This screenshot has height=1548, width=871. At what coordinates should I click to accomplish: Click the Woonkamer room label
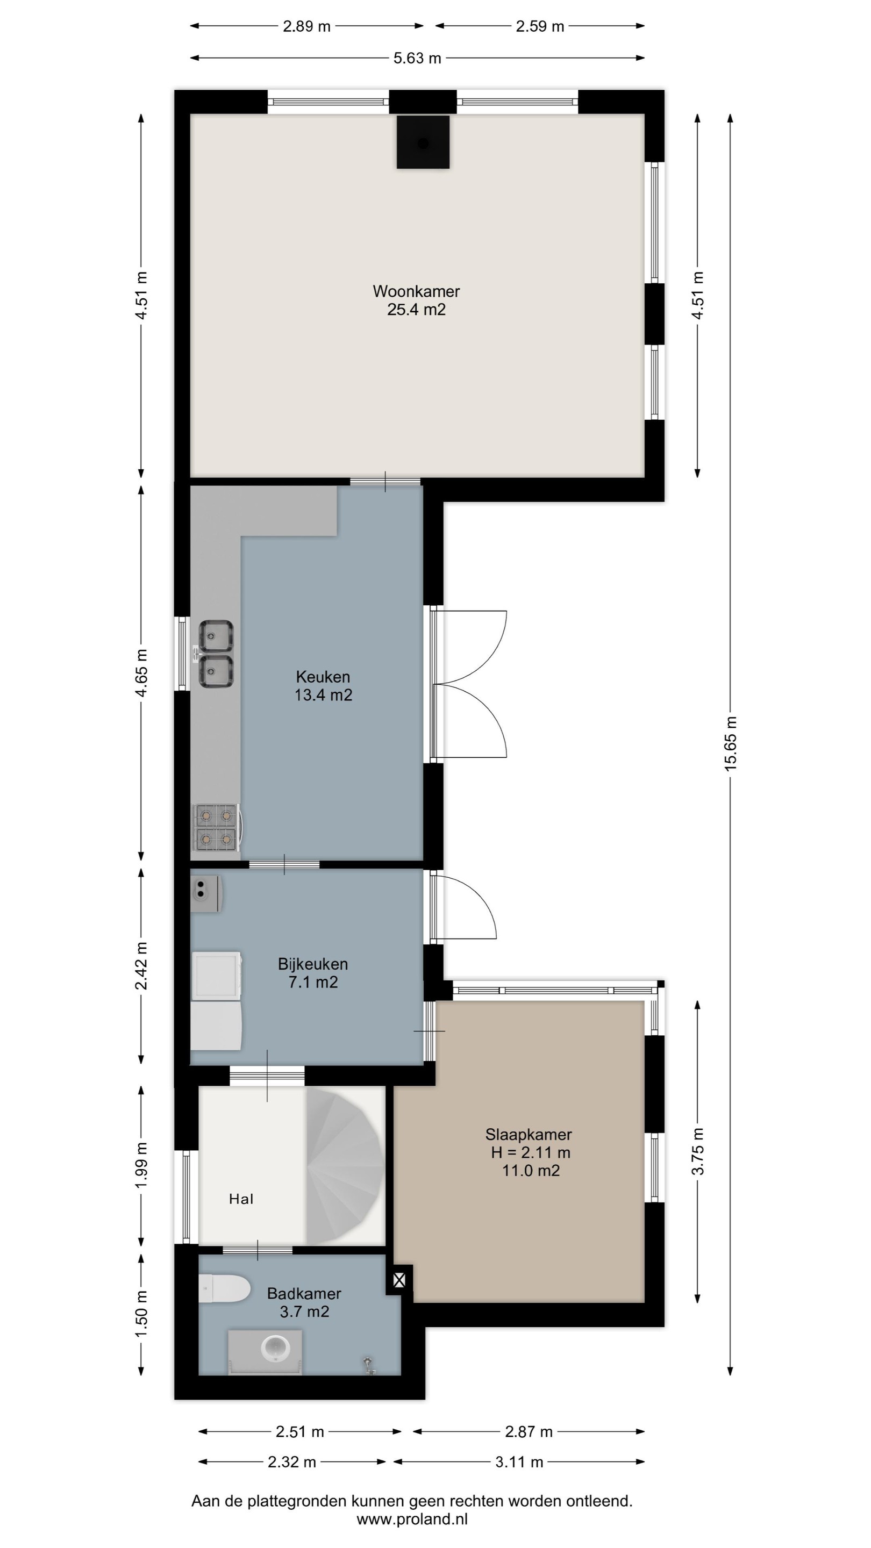click(416, 291)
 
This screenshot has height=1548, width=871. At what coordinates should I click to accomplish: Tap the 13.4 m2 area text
click(323, 696)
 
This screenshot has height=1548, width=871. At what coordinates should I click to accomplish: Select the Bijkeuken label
click(312, 964)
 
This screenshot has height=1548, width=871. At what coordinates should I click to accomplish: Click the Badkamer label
click(304, 1293)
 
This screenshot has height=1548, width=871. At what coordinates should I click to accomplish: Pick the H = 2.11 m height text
click(530, 1152)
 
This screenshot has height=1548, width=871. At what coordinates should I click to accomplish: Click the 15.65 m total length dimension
click(730, 744)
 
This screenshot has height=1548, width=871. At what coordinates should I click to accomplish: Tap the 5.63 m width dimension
click(417, 58)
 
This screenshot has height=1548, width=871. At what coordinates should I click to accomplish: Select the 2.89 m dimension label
click(306, 26)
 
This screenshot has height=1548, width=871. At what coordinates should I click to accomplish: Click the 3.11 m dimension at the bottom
click(519, 1462)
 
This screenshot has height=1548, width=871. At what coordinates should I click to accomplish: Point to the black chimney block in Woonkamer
click(423, 142)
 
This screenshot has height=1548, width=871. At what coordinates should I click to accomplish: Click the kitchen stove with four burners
click(216, 827)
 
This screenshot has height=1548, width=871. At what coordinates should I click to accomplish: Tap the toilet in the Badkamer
click(224, 1288)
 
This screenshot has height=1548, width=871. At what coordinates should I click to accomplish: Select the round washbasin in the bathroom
click(275, 1348)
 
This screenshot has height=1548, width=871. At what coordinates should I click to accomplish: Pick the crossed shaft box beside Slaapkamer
click(399, 1280)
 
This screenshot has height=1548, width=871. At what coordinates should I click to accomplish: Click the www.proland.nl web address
click(412, 1519)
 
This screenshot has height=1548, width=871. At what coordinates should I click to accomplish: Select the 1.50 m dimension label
click(141, 1314)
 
